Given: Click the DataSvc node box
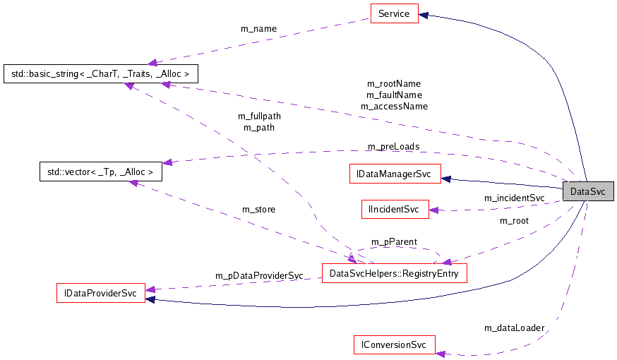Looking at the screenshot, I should (587, 191).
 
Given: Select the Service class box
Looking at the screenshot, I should (394, 13).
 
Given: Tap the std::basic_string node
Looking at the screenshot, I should (101, 73).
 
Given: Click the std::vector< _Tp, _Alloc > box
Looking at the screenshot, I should (100, 171).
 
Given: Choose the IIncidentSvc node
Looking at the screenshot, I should (395, 209).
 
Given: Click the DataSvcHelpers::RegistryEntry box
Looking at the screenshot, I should (394, 273).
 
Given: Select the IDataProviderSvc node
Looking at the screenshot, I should (100, 292).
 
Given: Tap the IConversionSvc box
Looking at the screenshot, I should (394, 345).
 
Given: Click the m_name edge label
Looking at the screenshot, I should (259, 29).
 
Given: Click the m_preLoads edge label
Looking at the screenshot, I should (393, 147).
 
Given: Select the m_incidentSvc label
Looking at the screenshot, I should (514, 198).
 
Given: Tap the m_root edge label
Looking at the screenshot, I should (514, 221).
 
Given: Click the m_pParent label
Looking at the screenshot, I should (394, 242).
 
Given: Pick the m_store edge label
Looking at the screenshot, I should (258, 210).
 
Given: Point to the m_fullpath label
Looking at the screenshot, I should (259, 116).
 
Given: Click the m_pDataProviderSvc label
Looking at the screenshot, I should (259, 275).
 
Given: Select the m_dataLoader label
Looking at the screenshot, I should (514, 328).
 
